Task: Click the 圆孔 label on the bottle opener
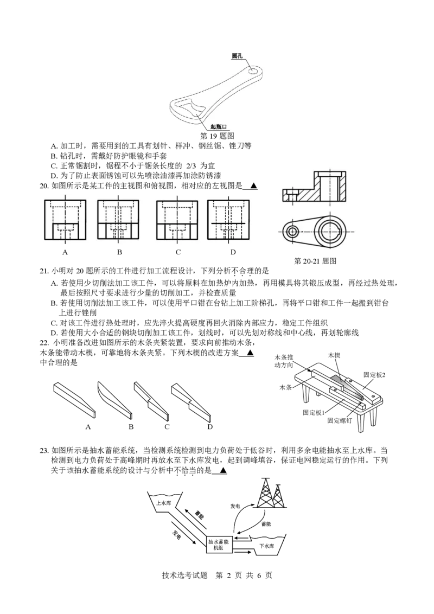pyautogui.click(x=237, y=56)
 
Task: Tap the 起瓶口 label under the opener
pyautogui.click(x=219, y=126)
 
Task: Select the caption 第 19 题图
pyautogui.click(x=217, y=136)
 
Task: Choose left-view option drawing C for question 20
pyautogui.click(x=177, y=220)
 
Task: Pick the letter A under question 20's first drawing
pyautogui.click(x=65, y=252)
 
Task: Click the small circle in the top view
pyautogui.click(x=291, y=232)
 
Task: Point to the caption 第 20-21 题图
pyautogui.click(x=315, y=261)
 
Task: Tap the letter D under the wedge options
pyautogui.click(x=210, y=427)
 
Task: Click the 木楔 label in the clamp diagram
pyautogui.click(x=334, y=355)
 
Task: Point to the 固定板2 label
pyautogui.click(x=374, y=375)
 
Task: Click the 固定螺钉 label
pyautogui.click(x=340, y=420)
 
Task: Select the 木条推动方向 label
pyautogui.click(x=284, y=361)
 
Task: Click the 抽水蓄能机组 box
pyautogui.click(x=219, y=544)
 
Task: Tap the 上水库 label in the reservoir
pyautogui.click(x=164, y=503)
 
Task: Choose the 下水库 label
pyautogui.click(x=267, y=546)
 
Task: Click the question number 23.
pyautogui.click(x=44, y=450)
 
